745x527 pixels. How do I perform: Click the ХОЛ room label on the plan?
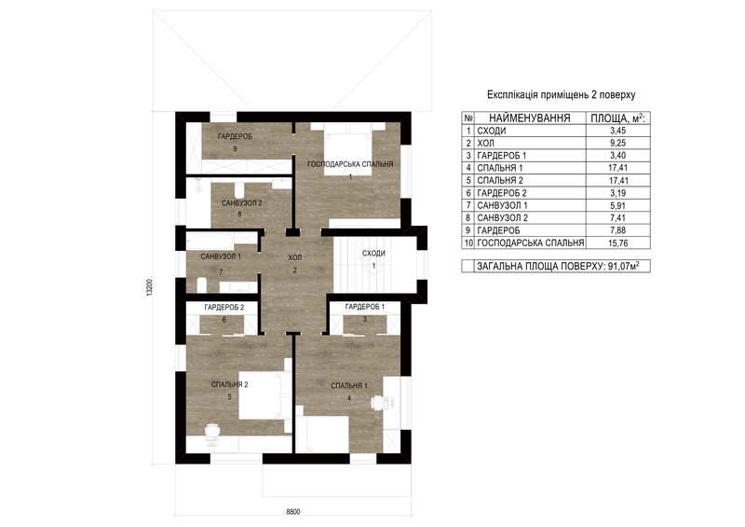[x=294, y=257]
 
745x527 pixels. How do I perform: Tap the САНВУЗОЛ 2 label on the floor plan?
[x=242, y=203]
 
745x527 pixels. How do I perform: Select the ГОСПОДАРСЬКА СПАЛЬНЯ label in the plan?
[x=350, y=164]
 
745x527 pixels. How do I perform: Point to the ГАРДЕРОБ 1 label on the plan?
[x=365, y=307]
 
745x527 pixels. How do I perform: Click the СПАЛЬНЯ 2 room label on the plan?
[x=229, y=384]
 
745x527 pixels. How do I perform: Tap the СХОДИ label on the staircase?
[x=373, y=254]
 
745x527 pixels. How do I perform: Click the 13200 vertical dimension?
[x=150, y=288]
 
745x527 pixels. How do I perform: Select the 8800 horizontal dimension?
[x=293, y=512]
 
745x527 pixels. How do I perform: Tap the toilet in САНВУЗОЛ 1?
[x=202, y=285]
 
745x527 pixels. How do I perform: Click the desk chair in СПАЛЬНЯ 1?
[x=378, y=403]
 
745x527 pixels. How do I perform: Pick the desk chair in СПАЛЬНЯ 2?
[x=212, y=432]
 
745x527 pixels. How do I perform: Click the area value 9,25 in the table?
[x=618, y=143]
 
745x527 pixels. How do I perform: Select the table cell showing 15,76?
[x=618, y=243]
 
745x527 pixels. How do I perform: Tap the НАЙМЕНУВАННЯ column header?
[x=530, y=118]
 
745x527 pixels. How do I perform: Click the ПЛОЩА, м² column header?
[x=617, y=118]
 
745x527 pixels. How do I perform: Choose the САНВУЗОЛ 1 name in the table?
[x=502, y=205]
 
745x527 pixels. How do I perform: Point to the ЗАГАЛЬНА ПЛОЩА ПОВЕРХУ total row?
[x=555, y=266]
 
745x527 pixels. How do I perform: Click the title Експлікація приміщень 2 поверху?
[x=562, y=95]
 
